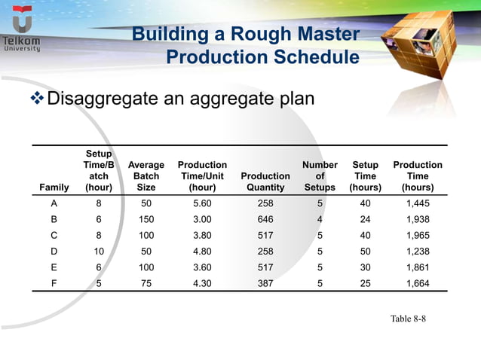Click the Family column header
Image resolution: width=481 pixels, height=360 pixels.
tap(54, 187)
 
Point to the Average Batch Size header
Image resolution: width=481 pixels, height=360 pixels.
tap(146, 175)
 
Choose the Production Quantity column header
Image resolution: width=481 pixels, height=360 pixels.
tap(265, 182)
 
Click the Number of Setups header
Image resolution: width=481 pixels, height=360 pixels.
tap(320, 175)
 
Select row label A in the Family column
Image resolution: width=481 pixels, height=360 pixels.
tap(54, 204)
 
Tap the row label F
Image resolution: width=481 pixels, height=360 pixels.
tap(54, 282)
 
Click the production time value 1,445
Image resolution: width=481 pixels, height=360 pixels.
tap(418, 204)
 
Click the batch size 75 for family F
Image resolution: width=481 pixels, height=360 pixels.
tap(146, 282)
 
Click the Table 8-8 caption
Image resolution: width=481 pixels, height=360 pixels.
tap(408, 319)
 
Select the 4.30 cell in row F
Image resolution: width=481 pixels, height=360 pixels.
tap(202, 282)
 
